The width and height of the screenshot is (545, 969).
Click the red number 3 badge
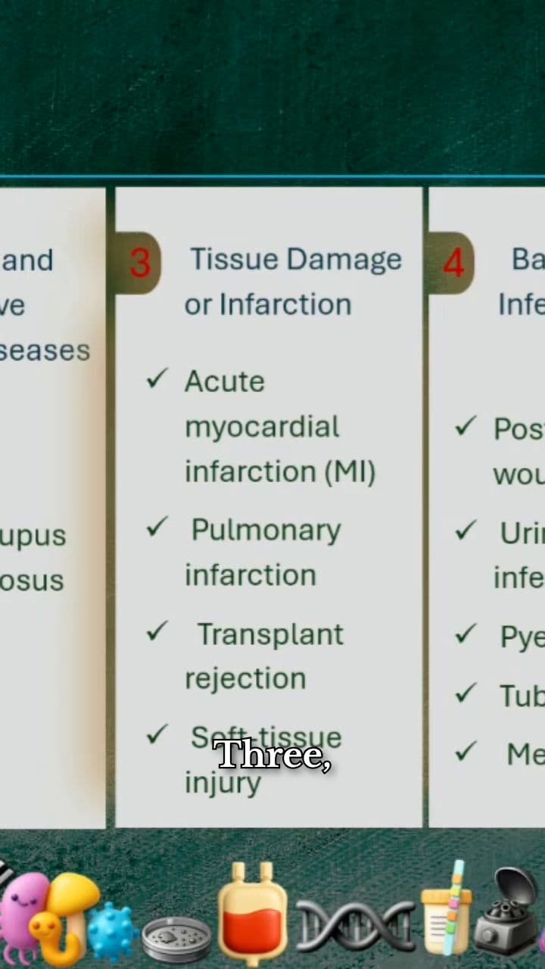140,263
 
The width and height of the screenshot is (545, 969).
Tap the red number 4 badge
453,263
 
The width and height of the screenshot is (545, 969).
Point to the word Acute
224,381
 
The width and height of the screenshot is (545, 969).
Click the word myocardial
262,427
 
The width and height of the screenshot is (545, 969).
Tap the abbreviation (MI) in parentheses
350,472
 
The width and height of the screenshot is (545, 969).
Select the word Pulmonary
266,530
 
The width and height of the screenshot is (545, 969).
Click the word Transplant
270,634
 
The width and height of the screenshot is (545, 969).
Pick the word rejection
245,678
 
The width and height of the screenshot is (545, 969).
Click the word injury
223,783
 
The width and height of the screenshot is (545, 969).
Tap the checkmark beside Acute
157,379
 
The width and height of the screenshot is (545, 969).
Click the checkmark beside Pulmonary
157,527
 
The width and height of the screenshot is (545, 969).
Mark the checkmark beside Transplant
157,631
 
